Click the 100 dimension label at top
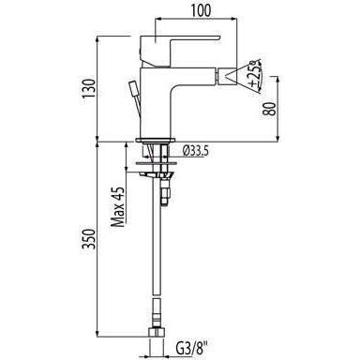201,10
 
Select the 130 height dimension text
89,88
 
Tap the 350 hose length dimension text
88,239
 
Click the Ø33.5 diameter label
196,151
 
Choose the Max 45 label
118,207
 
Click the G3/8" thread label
192,348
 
